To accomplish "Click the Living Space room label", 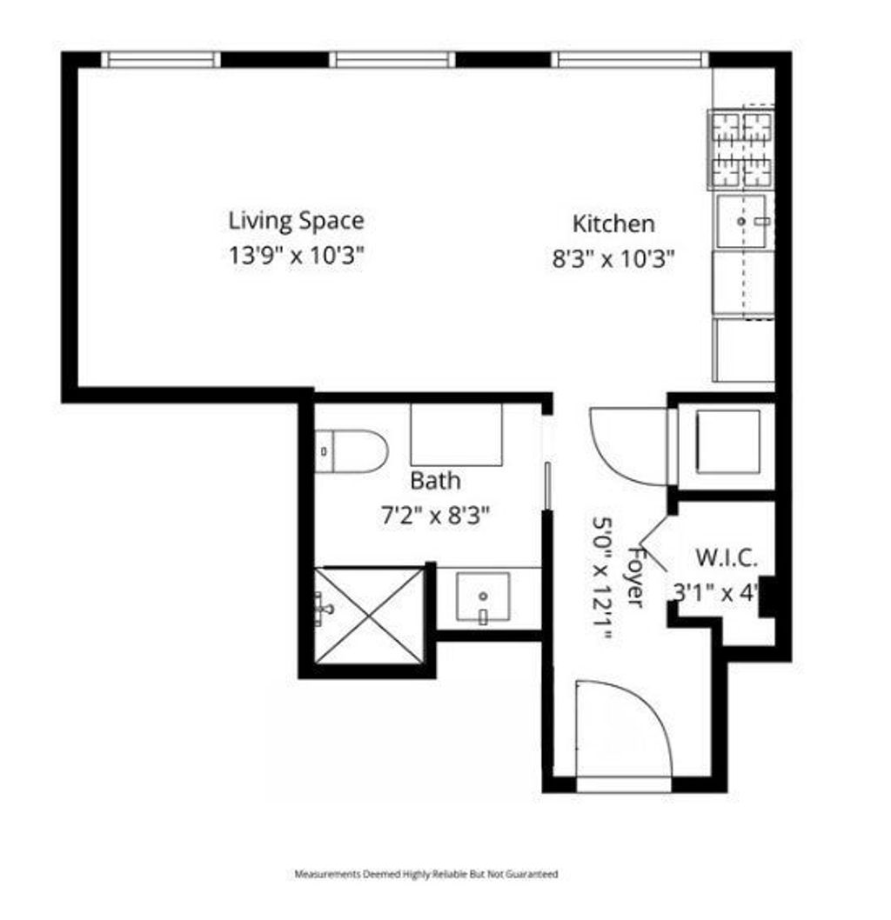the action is pos(296,221).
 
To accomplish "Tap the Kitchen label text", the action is pos(613,223).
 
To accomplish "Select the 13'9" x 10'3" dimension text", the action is pos(296,256).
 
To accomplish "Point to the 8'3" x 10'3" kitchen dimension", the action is pos(613,258).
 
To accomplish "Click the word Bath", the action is pos(435,481).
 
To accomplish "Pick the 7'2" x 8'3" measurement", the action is pos(435,516).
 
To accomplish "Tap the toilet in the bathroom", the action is pos(352,451).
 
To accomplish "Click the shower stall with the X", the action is pos(369,616).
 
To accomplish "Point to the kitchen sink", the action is pos(742,221).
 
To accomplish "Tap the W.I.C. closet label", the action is pos(726,557).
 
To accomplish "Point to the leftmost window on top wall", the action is pos(162,59).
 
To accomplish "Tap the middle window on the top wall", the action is pos(392,59).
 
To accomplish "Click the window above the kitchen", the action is pos(630,59).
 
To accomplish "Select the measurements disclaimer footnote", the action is pos(426,874).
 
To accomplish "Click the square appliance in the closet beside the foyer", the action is pos(727,441).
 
